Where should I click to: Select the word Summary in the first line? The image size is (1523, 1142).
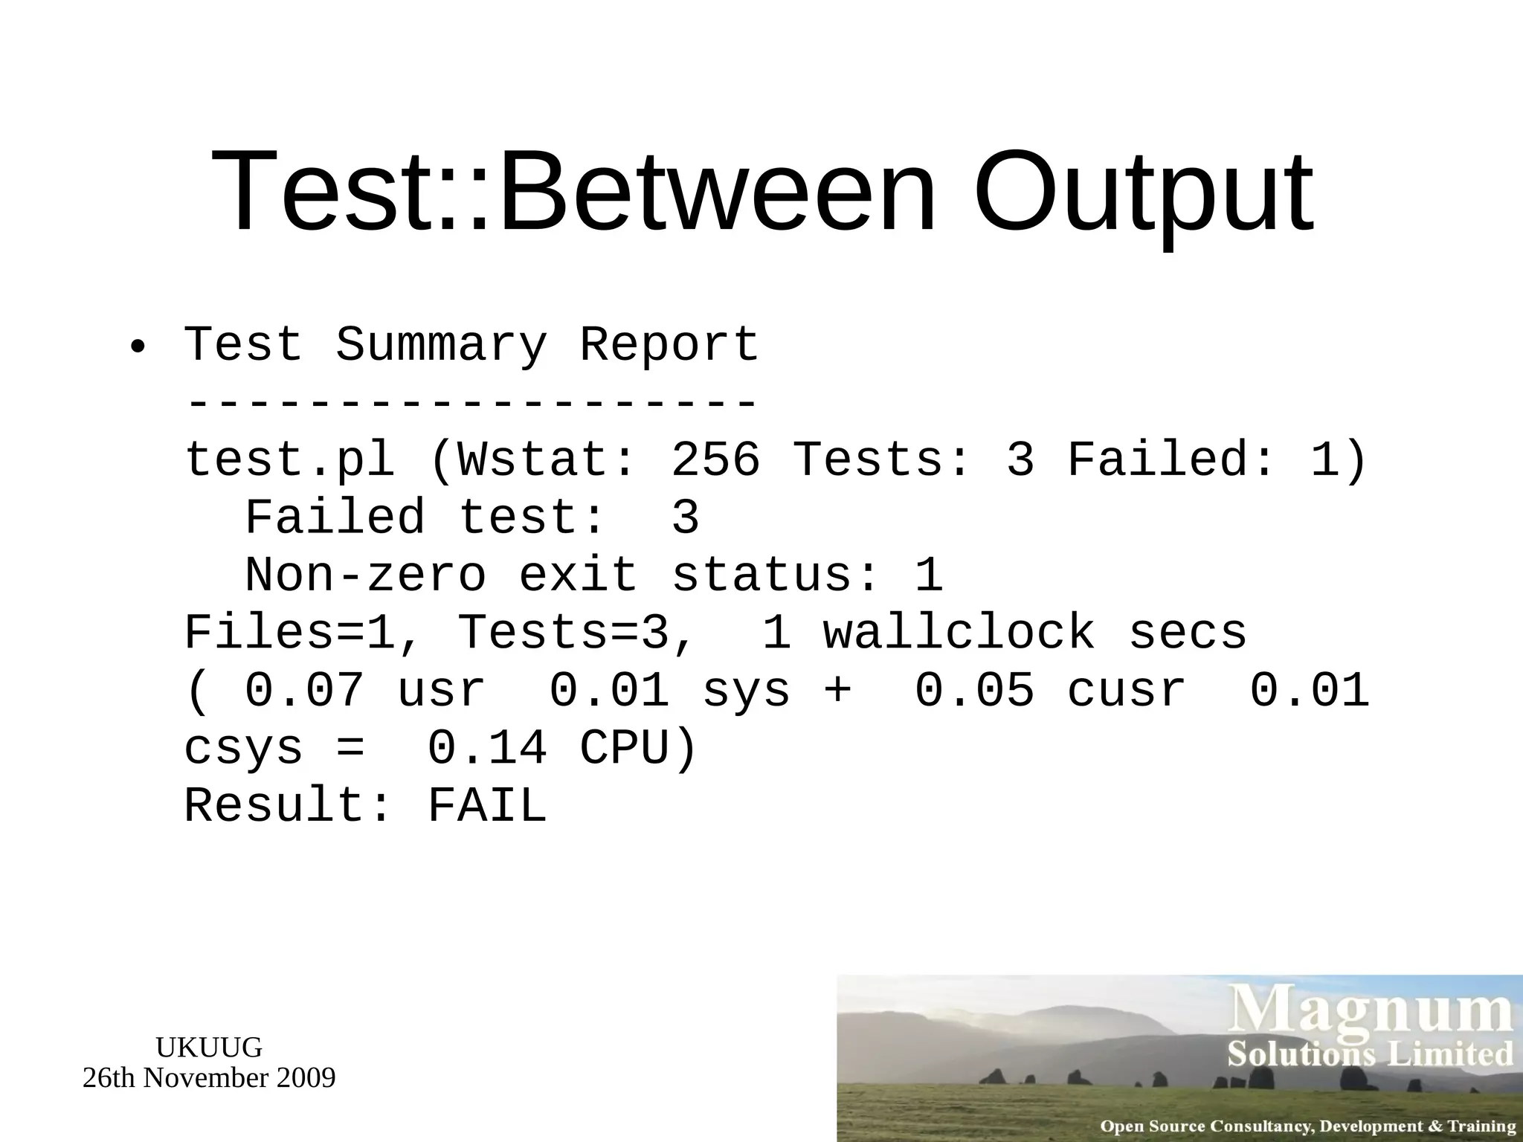[x=441, y=345]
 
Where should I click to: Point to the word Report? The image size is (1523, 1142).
[x=669, y=345]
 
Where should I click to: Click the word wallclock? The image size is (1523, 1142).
[x=959, y=633]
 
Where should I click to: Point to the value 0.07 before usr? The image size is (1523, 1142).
[x=304, y=690]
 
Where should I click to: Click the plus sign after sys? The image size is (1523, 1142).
[x=837, y=690]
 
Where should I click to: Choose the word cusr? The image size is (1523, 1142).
[x=1126, y=690]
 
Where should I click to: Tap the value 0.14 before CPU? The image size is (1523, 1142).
[x=487, y=748]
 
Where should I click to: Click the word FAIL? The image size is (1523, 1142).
[x=487, y=806]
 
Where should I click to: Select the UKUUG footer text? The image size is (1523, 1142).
[x=209, y=1048]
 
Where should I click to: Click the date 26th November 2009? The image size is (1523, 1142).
[x=209, y=1078]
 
